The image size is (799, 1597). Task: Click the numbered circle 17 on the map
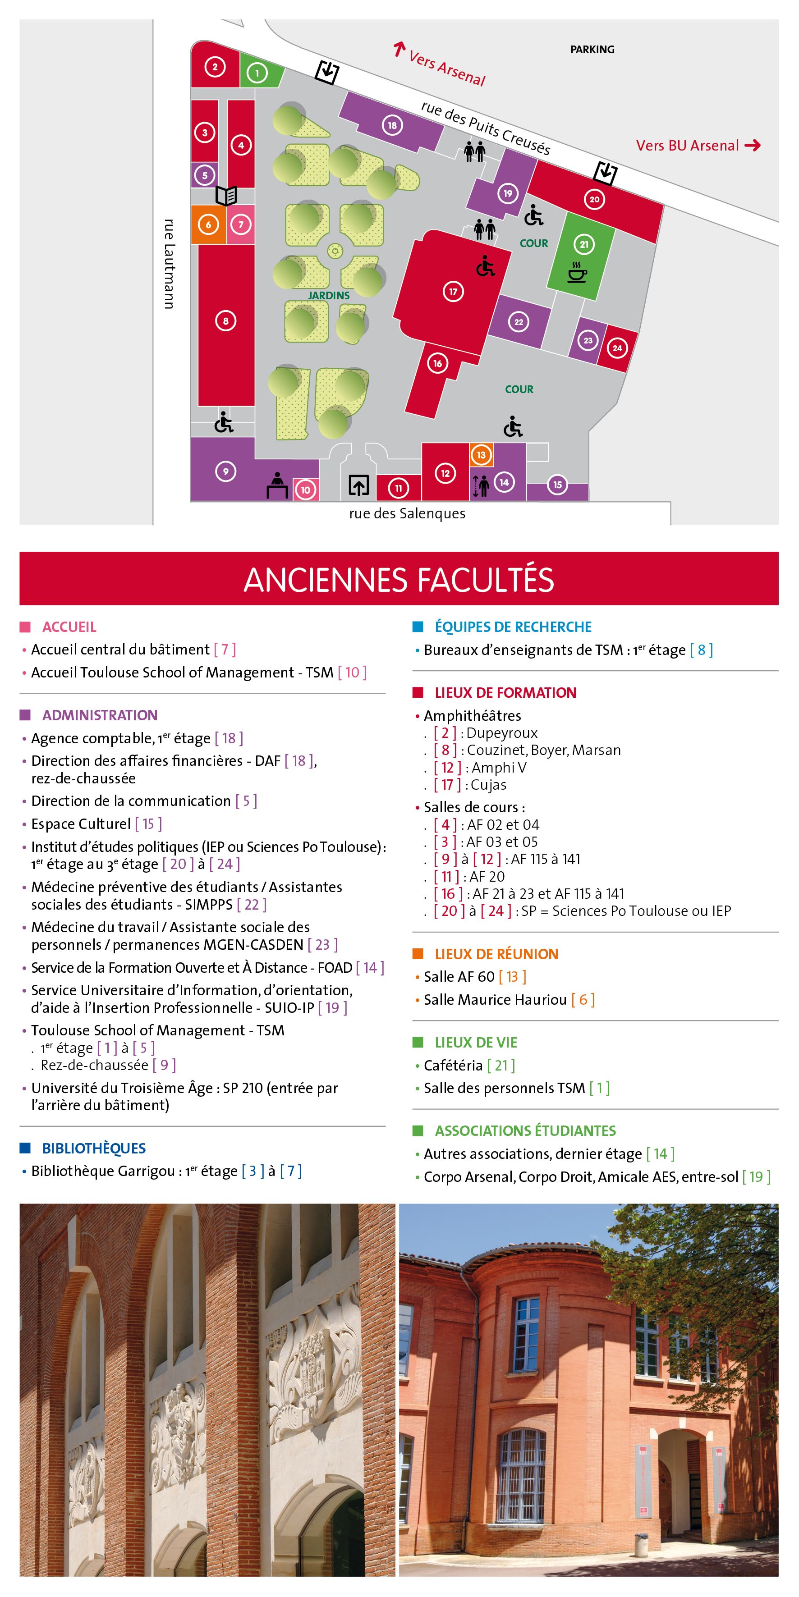click(453, 291)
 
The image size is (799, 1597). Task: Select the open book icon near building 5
click(226, 196)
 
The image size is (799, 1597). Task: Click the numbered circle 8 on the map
click(226, 320)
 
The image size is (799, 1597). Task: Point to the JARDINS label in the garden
click(329, 296)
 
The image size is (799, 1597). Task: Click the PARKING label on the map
click(592, 50)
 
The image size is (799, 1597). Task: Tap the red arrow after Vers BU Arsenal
click(753, 146)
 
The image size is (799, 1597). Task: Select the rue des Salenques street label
click(407, 513)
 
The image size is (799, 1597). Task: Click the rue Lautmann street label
click(169, 264)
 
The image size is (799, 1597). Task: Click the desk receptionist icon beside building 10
click(277, 485)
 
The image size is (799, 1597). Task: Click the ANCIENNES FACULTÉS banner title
click(399, 579)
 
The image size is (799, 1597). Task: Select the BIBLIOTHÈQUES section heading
click(94, 1148)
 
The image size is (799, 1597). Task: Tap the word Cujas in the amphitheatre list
click(489, 785)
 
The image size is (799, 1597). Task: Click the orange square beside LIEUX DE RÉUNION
click(418, 953)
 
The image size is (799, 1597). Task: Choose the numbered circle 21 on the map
click(584, 244)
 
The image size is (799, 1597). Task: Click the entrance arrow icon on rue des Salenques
click(358, 485)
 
